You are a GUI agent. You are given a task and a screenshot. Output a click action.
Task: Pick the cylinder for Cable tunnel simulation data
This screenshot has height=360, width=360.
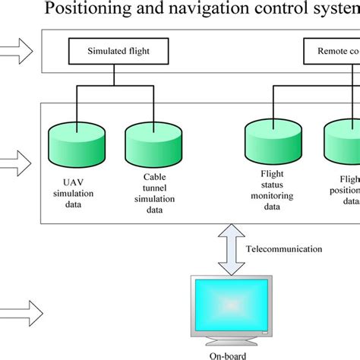148,143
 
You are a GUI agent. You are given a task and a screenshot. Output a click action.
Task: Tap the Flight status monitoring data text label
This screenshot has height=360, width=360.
270,194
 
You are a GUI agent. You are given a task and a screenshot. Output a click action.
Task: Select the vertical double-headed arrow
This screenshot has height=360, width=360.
228,248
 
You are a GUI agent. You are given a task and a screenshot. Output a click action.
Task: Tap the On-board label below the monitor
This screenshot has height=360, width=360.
230,355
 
